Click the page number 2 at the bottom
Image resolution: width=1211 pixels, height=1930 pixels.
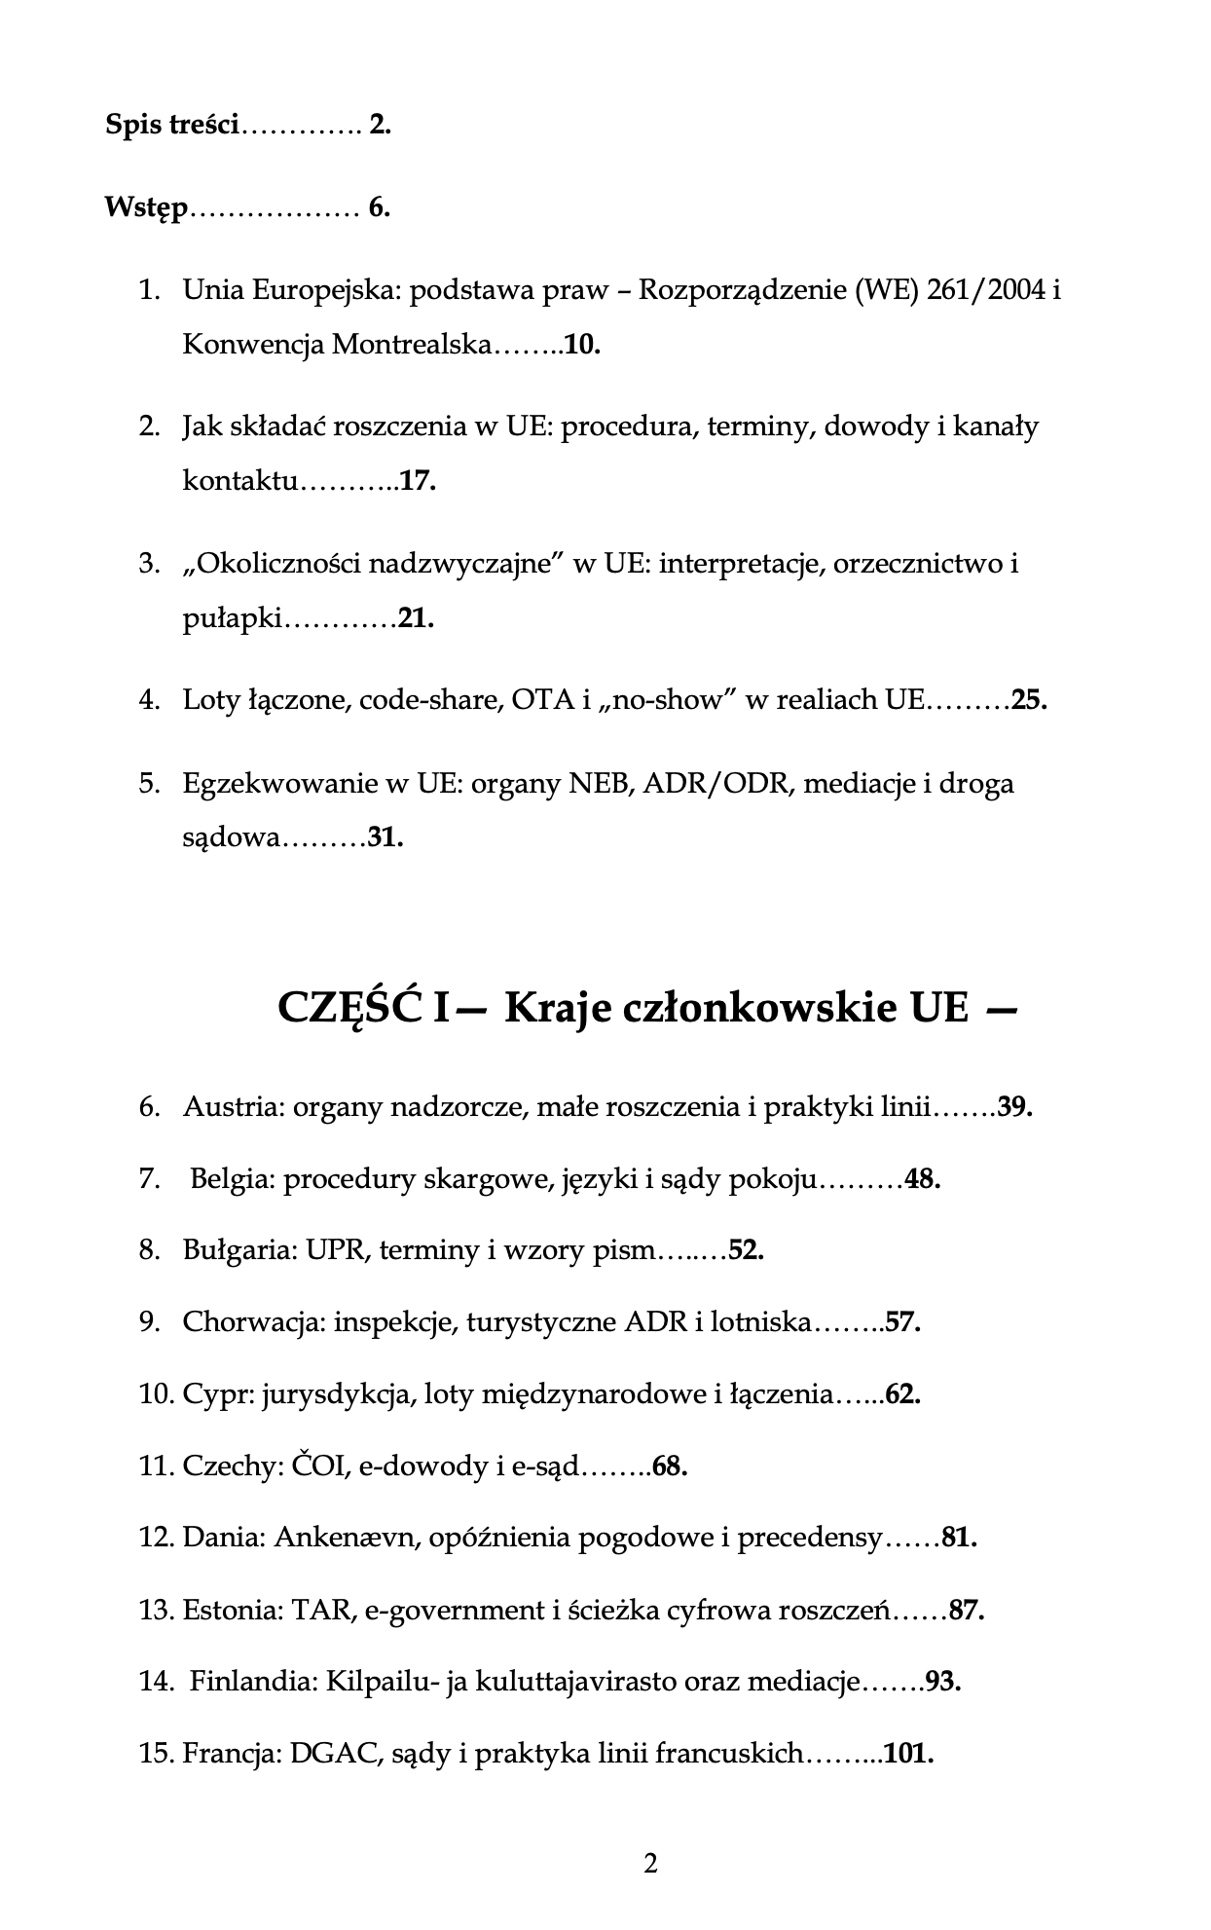[650, 1863]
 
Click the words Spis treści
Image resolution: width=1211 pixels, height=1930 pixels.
[171, 126]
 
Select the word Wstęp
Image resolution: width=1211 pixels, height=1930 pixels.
[145, 208]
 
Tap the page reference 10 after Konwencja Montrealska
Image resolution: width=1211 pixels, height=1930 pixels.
[581, 345]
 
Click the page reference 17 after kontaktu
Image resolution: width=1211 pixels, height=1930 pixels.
[417, 481]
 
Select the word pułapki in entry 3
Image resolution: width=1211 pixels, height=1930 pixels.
[231, 619]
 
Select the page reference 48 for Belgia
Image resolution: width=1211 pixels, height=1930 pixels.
[921, 1179]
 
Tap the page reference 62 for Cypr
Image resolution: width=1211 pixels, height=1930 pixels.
[901, 1394]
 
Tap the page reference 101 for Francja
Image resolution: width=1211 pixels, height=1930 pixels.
[907, 1754]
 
